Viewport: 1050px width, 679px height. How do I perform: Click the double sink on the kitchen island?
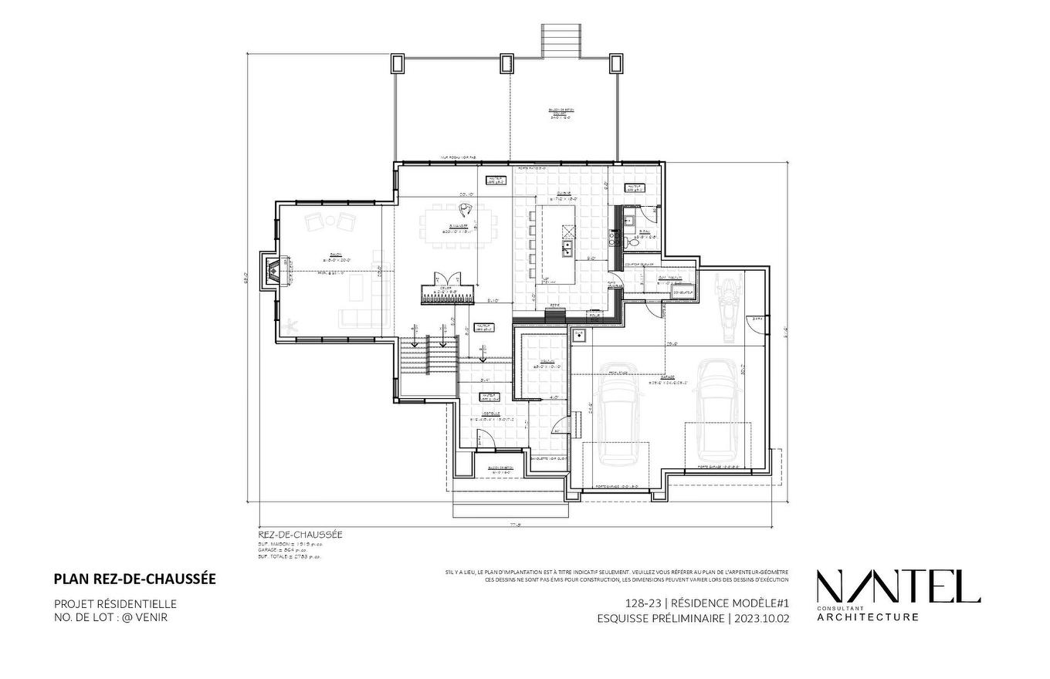[x=567, y=248]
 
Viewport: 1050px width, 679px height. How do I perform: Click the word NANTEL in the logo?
[x=898, y=587]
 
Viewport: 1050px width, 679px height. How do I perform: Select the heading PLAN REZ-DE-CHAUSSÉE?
[x=134, y=579]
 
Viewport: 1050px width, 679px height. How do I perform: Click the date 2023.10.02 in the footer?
[x=761, y=619]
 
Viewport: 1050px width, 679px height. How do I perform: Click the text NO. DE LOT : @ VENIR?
[x=110, y=617]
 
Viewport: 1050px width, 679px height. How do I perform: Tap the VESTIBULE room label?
[x=490, y=414]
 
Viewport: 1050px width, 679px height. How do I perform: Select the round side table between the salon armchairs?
[x=330, y=221]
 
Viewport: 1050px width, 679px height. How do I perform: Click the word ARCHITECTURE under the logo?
[x=868, y=617]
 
